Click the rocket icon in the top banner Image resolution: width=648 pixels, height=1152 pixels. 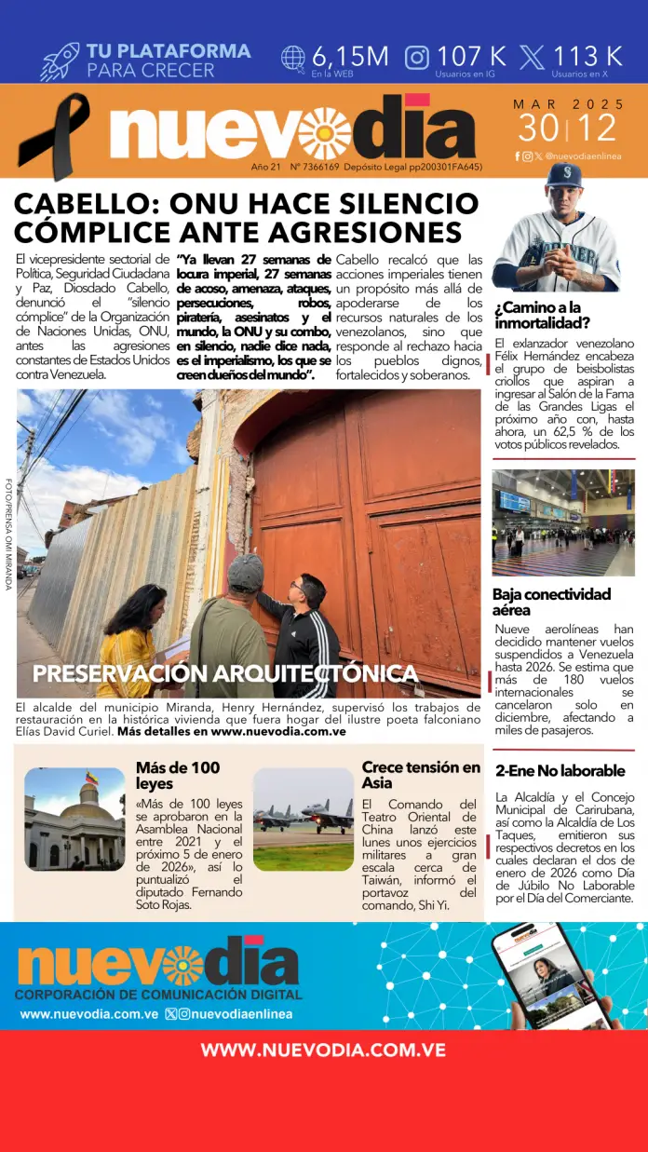coord(60,61)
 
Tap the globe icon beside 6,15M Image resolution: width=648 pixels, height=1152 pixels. coord(293,58)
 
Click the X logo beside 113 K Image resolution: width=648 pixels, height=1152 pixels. coord(533,58)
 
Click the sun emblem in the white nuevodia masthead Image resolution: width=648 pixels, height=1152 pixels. coord(325,133)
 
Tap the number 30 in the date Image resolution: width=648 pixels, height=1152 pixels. coord(539,128)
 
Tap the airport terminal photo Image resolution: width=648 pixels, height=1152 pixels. coord(563,522)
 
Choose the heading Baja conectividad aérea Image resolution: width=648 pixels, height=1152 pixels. coord(551,602)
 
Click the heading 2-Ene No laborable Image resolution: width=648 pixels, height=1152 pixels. coord(560,771)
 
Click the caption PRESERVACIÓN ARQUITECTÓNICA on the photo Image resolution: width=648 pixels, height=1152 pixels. coord(224,673)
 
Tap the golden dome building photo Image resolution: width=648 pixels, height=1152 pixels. coord(74,819)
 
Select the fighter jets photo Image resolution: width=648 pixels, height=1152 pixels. coord(303,819)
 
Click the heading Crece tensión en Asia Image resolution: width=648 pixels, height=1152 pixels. coord(421,775)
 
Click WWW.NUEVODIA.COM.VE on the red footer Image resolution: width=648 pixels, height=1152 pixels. coord(323,1050)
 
